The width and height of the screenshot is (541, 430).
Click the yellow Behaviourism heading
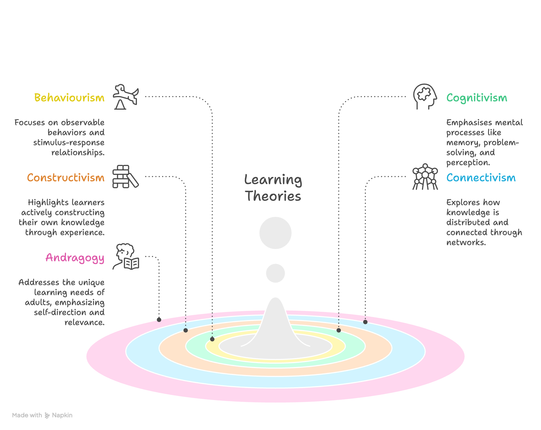coord(69,98)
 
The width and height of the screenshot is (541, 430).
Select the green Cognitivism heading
coord(477,98)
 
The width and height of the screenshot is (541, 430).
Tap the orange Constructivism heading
coord(66,178)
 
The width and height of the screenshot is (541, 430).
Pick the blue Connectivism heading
coord(481,178)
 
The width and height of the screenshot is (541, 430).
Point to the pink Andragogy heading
coord(75,258)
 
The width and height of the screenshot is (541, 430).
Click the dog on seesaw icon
coord(126,97)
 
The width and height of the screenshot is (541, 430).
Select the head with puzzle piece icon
coord(425,96)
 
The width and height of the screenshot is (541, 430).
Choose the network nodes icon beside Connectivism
coord(425,177)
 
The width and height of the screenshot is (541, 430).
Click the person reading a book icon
coord(126,257)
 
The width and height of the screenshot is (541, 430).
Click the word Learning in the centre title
coord(273,180)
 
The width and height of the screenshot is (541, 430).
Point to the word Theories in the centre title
coord(273,196)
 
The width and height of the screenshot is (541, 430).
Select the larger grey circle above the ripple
coord(275,233)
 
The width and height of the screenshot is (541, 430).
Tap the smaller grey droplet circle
coord(275,273)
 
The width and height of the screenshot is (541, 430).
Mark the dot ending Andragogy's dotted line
coord(159,320)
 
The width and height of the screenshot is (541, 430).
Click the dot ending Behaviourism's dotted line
coord(212,339)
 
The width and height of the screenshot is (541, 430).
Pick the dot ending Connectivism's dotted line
coord(365,322)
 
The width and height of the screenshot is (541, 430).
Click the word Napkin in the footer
coord(62,415)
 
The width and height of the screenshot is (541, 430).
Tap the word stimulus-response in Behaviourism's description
coord(69,143)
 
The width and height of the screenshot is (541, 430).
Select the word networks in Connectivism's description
coord(466,243)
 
